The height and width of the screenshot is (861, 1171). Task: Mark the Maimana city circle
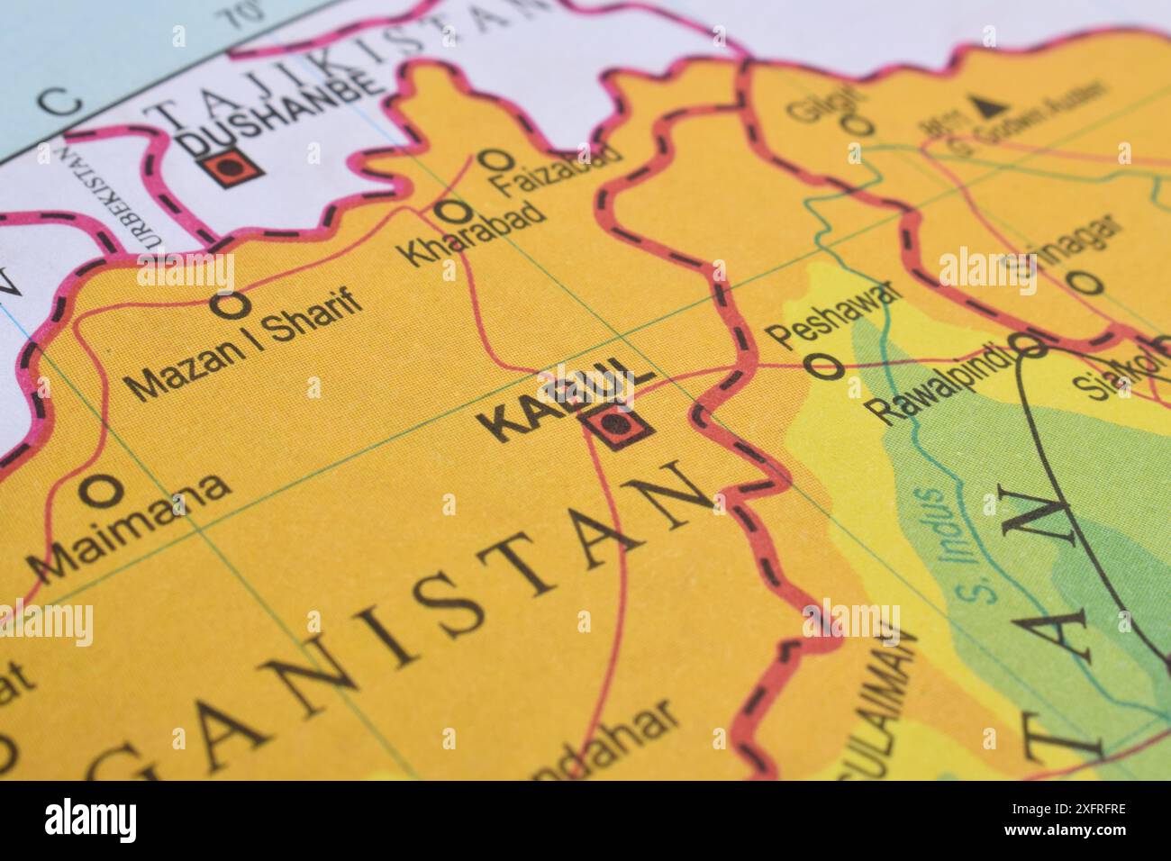pyautogui.click(x=102, y=491)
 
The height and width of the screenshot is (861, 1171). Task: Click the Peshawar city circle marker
pyautogui.click(x=824, y=366)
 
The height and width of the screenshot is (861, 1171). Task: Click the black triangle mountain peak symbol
pyautogui.click(x=988, y=107)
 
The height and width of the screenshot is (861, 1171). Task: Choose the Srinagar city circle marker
pyautogui.click(x=1088, y=283)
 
